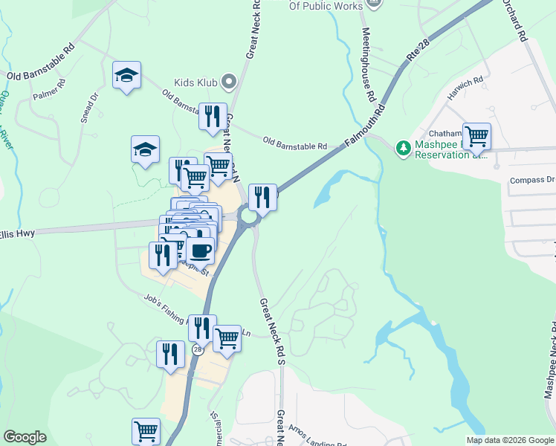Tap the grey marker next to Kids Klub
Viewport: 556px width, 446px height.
click(x=230, y=81)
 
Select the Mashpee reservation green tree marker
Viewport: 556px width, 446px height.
click(x=403, y=148)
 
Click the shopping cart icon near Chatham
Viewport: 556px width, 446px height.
click(x=476, y=137)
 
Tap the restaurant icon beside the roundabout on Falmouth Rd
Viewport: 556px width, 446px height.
click(x=262, y=198)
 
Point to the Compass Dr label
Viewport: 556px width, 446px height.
click(x=532, y=180)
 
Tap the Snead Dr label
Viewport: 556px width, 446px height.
click(x=85, y=107)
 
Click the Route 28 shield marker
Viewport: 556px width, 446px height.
click(x=197, y=349)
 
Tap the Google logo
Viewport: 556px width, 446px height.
click(x=25, y=438)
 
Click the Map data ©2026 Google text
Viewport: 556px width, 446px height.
click(x=508, y=440)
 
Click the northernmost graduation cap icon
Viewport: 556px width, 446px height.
click(x=127, y=75)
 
